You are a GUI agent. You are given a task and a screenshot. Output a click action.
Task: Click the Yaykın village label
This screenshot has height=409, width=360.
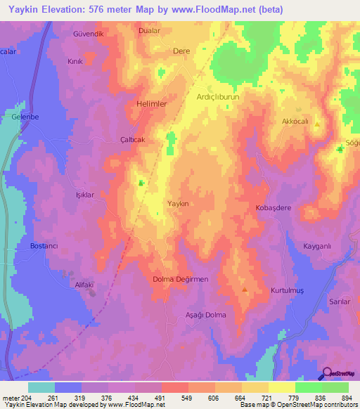point(178,203)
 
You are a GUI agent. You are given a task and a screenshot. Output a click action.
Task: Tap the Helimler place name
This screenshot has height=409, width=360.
point(150,103)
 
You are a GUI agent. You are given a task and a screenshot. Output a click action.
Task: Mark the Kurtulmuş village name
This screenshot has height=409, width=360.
point(286,290)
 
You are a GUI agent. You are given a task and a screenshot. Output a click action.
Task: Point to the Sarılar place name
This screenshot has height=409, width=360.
point(340,301)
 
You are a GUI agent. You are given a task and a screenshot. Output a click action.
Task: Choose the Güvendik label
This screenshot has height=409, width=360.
point(88,34)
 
